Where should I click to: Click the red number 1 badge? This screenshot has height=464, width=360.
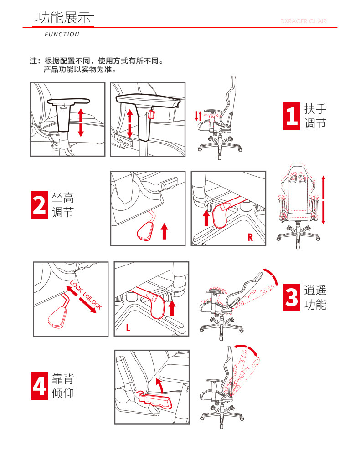point(292,116)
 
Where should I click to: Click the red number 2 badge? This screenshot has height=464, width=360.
point(39,205)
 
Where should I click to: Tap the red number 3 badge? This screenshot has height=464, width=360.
point(292,297)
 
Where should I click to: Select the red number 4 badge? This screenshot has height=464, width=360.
point(39,386)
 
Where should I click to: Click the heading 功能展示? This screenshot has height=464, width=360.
point(64,18)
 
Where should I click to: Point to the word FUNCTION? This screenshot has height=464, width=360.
point(62,34)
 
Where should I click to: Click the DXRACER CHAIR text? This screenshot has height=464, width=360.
point(303,21)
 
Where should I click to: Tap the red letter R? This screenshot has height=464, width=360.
point(250,237)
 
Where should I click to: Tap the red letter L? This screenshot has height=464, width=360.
point(128,327)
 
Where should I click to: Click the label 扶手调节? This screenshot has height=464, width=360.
point(315,116)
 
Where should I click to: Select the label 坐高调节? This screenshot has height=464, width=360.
point(63,205)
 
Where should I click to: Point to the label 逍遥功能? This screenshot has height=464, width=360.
point(315,297)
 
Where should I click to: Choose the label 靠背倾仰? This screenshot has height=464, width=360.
point(63,386)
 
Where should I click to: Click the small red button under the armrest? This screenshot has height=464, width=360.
point(152,114)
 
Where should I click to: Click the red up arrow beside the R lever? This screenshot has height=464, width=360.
point(206,218)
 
